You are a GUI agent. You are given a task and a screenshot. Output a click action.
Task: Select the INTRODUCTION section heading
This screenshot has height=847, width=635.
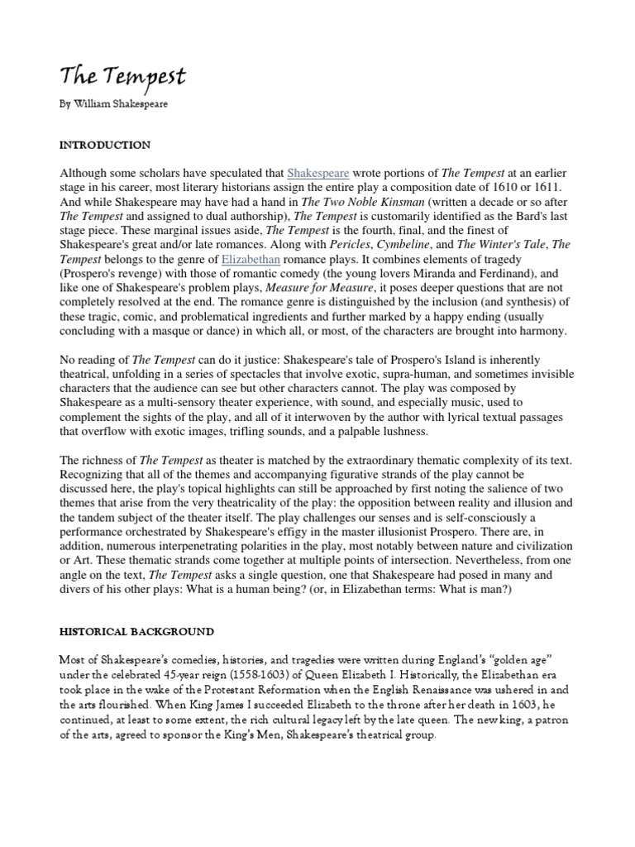click(104, 145)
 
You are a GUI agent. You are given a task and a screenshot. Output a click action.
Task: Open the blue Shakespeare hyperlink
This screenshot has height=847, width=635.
click(318, 173)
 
